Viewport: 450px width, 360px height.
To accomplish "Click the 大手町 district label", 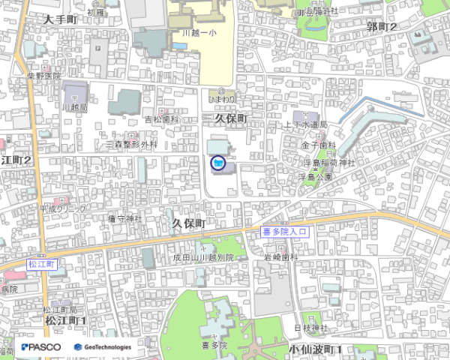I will pos(60,19).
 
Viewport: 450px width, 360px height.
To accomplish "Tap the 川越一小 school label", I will pos(199,34).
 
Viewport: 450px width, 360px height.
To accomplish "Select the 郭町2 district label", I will pos(382,27).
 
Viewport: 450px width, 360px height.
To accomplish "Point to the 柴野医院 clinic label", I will pos(43,76).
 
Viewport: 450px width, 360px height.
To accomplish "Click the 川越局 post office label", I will pos(76,108).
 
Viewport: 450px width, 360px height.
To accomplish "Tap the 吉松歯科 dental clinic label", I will pos(162,120).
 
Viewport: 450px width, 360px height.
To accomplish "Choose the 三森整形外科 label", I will pos(132,144).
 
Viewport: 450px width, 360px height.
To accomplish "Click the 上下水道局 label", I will pos(305,125).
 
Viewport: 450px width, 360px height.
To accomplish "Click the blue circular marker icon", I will pos(217,161).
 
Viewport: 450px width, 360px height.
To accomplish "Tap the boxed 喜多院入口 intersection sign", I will pos(286,232).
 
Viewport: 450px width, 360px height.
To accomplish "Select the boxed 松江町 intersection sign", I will pos(42,265).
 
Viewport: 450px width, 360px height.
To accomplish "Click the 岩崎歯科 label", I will pos(280,257).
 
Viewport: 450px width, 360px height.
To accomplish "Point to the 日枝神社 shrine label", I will pos(310,328).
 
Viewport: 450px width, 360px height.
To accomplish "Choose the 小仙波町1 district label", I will pos(315,349).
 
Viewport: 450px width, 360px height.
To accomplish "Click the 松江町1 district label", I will pos(66,321).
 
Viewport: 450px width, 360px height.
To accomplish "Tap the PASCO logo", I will pos(41,347).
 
